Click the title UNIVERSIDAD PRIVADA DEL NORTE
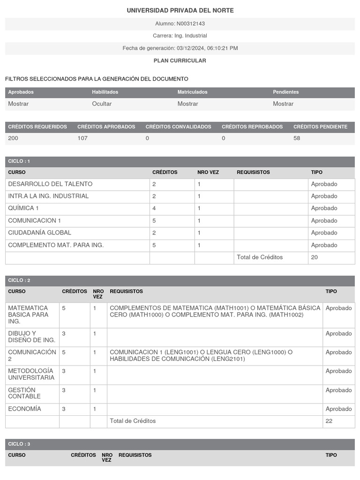[x=180, y=10]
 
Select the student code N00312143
[x=191, y=23]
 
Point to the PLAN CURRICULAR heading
[x=180, y=60]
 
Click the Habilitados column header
[x=105, y=92]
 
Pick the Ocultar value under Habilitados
[x=102, y=104]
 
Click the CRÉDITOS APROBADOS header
[x=106, y=127]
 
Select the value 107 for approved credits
[x=82, y=138]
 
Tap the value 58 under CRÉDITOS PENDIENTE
[x=297, y=138]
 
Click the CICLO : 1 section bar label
[x=19, y=161]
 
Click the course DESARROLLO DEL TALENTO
[x=50, y=184]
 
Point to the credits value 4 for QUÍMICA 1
[x=154, y=208]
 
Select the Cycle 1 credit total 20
[x=315, y=257]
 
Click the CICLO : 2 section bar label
[x=19, y=280]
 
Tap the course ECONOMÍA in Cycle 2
[x=24, y=409]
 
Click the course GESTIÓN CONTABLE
[x=24, y=393]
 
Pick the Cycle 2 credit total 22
[x=329, y=421]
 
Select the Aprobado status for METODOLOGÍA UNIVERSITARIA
[x=338, y=371]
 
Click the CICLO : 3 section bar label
[x=19, y=444]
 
